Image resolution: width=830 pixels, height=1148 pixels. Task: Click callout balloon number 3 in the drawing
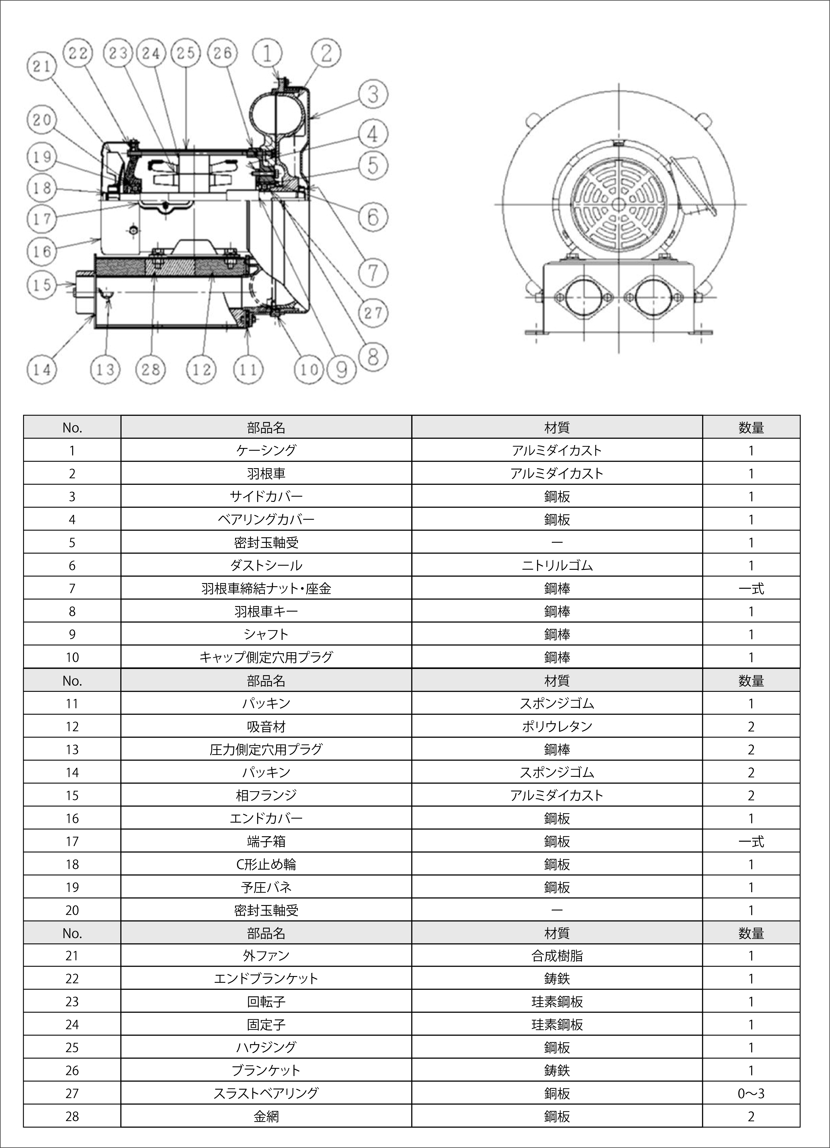pos(373,94)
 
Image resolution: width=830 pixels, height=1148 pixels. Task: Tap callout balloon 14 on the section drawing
pos(42,369)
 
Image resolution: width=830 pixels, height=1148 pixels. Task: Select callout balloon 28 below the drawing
pos(151,369)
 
